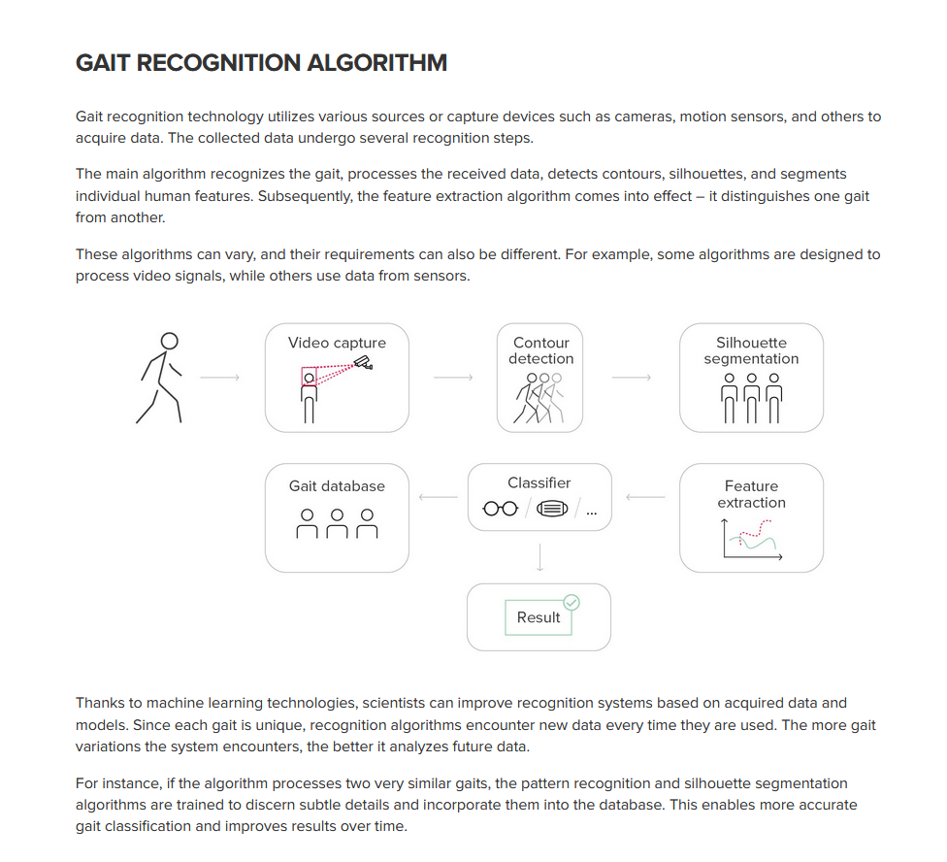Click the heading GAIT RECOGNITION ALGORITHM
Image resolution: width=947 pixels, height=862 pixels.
pos(261,64)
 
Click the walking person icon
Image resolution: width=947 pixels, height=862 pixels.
pos(161,378)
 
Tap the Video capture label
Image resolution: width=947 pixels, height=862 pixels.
pos(337,343)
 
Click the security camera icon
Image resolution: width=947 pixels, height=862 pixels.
pos(363,362)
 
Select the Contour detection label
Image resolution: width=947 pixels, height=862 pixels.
pos(540,350)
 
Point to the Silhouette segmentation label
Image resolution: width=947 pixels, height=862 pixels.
pos(751,350)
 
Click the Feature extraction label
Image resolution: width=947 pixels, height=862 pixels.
pos(751,494)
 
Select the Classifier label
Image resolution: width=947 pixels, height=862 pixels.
pos(539,482)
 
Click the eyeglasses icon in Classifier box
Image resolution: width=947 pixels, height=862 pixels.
pos(501,510)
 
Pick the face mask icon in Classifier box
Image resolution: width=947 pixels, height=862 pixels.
pos(552,510)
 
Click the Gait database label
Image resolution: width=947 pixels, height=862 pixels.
pos(337,486)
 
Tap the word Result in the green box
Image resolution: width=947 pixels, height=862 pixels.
pos(539,617)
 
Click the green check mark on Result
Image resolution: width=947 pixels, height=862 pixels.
pos(571,602)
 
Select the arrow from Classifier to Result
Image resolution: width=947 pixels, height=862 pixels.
pos(539,557)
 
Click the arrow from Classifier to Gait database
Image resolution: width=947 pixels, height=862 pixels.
pos(438,498)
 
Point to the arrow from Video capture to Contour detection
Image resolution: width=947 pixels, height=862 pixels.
pos(453,378)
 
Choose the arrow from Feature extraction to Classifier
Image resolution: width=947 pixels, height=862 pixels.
pos(645,498)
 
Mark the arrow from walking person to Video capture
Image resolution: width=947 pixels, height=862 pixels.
pos(220,378)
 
